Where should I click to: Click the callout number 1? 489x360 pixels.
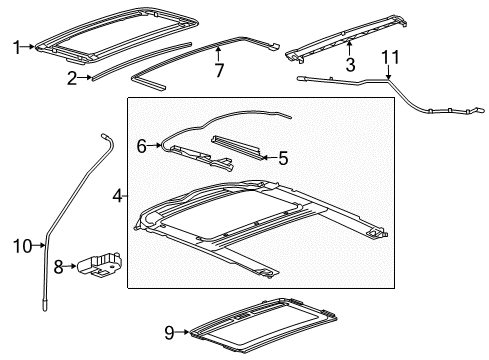(x=15, y=44)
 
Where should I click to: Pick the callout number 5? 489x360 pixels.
(x=283, y=156)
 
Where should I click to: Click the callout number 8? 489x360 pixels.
(x=59, y=268)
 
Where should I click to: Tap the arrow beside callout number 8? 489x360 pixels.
(x=72, y=268)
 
